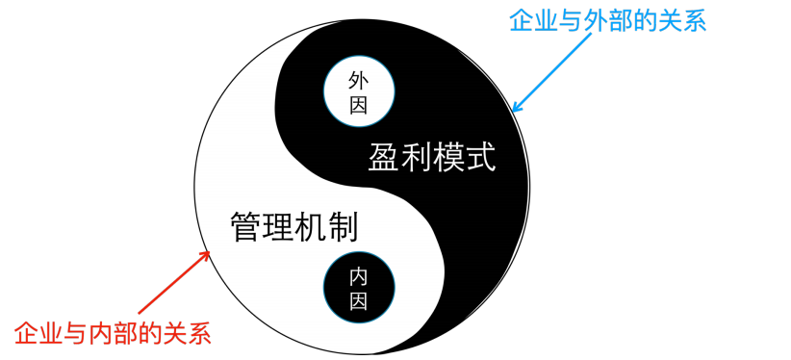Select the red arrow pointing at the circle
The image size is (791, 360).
(175, 283)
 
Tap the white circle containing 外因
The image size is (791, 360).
(359, 90)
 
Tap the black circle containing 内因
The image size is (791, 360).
(358, 288)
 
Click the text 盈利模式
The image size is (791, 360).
(431, 157)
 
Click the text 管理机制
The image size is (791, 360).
(294, 227)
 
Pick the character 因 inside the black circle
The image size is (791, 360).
(358, 301)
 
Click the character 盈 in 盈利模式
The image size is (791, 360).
(384, 157)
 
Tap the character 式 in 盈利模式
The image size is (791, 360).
(479, 157)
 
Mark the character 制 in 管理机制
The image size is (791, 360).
(343, 227)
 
